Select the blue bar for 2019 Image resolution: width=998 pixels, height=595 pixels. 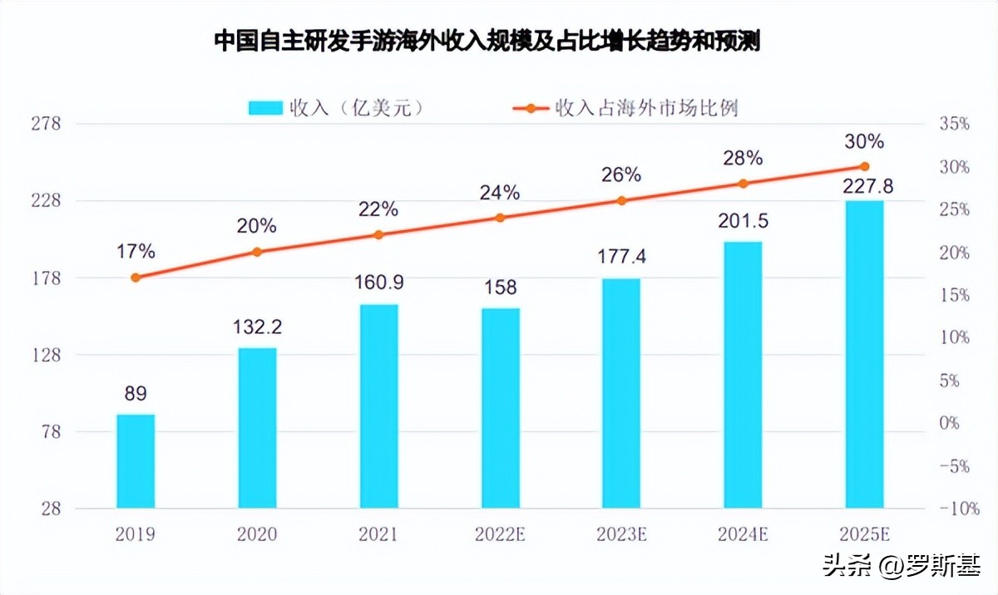pyautogui.click(x=136, y=461)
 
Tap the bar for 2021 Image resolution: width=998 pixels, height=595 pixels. pyautogui.click(x=379, y=406)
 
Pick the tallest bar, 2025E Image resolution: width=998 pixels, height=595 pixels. pyautogui.click(x=864, y=354)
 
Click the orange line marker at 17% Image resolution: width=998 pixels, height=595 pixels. pyautogui.click(x=136, y=278)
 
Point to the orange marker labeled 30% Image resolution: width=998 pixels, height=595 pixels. pyautogui.click(x=864, y=166)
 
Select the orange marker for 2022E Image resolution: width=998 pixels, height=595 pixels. pyautogui.click(x=500, y=218)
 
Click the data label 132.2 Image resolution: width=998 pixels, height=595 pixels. pyautogui.click(x=257, y=327)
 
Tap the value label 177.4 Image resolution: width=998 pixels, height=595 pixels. pyautogui.click(x=621, y=258)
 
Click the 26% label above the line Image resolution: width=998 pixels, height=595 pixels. pyautogui.click(x=621, y=175)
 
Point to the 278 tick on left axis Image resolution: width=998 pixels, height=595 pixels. pyautogui.click(x=46, y=125)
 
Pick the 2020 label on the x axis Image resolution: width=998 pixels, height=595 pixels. pyautogui.click(x=257, y=534)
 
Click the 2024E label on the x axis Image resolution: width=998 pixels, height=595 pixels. pyautogui.click(x=743, y=534)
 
